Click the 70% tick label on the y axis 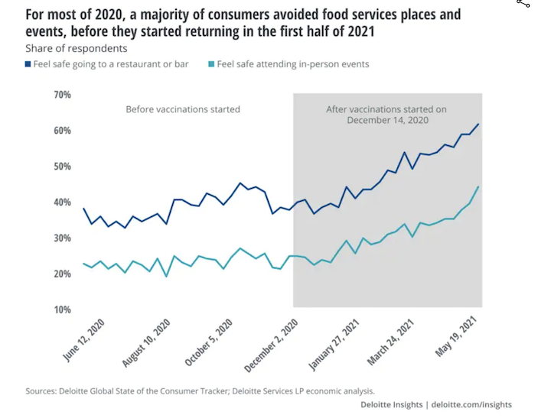coord(62,95)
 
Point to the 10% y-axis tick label coord(62,309)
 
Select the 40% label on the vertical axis coord(62,203)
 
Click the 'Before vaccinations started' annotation coord(183,109)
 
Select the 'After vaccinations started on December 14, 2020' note coord(387,115)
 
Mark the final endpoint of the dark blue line coord(478,124)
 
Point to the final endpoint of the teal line coord(478,186)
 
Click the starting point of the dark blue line coord(83,209)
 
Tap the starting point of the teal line coord(83,264)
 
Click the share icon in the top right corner coord(523,4)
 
